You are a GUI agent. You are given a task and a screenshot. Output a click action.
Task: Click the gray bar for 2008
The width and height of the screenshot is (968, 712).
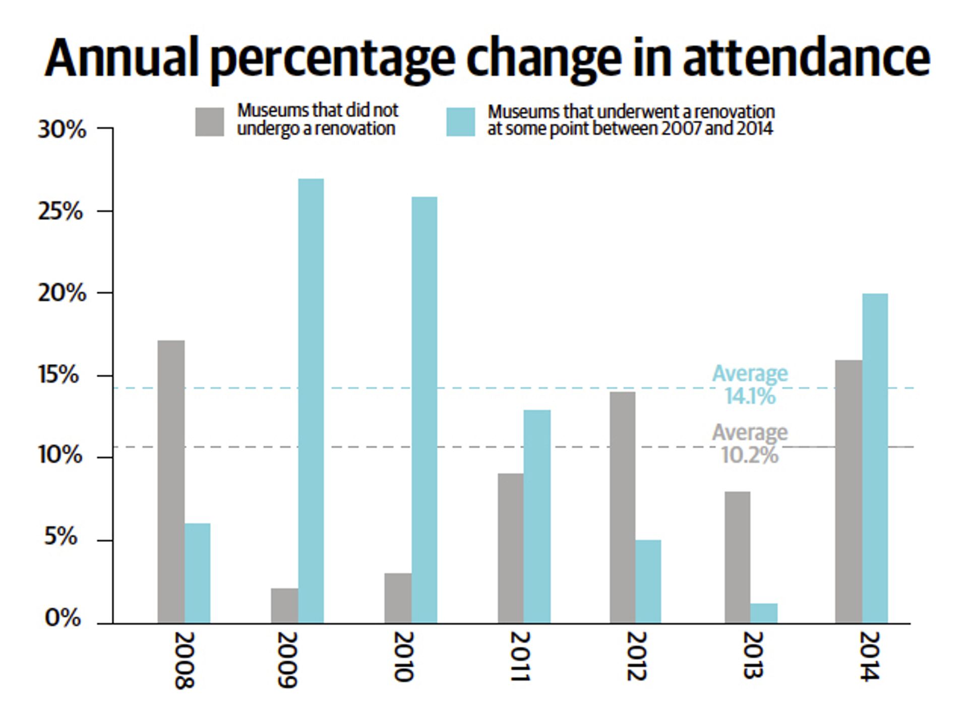(x=171, y=482)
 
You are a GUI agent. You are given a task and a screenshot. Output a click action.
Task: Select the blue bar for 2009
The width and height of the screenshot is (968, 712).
(x=311, y=401)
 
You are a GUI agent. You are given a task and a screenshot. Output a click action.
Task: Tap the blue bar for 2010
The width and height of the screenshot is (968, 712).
(x=424, y=410)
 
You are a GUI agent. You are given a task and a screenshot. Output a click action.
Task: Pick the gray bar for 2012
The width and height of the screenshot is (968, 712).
(x=623, y=507)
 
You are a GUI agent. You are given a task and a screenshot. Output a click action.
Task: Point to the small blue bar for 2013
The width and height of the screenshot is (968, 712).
(x=763, y=613)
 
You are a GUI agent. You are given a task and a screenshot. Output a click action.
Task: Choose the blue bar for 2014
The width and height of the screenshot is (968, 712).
(x=875, y=458)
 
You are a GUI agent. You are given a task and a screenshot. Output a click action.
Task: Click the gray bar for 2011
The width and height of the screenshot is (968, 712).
(x=510, y=548)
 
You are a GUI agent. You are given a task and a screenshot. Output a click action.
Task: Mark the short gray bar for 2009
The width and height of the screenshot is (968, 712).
(x=284, y=606)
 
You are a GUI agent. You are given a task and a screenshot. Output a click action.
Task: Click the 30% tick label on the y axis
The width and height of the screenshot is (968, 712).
(x=62, y=130)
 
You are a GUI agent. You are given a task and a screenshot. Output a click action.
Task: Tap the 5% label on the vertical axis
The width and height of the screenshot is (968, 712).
(x=60, y=537)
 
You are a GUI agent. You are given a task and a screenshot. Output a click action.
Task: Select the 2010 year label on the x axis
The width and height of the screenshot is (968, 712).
(x=403, y=657)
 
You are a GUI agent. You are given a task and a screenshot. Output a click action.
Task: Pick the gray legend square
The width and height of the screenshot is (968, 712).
(x=210, y=122)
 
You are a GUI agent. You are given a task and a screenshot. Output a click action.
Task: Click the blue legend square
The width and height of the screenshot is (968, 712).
(x=460, y=122)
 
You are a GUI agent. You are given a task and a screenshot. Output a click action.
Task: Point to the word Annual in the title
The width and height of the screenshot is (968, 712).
(x=122, y=57)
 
